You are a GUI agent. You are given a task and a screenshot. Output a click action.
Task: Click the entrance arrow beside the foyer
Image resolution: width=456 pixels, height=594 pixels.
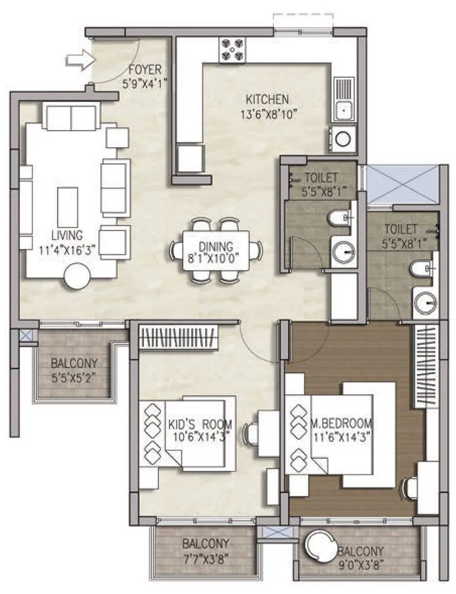point(77,59)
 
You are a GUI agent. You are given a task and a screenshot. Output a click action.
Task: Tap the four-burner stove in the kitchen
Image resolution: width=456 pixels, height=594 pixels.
point(232,48)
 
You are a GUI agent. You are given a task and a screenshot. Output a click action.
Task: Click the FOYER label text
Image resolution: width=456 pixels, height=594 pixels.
point(145,70)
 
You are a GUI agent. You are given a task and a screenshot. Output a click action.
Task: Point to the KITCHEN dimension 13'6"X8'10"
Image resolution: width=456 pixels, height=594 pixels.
point(267,114)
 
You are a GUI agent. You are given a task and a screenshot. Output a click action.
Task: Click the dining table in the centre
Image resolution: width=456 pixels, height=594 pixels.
point(216,251)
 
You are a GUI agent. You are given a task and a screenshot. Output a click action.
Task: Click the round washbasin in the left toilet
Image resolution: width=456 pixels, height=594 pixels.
point(344,252)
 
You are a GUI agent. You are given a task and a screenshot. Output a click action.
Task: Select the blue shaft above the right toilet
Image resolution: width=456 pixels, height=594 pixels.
point(402,184)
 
